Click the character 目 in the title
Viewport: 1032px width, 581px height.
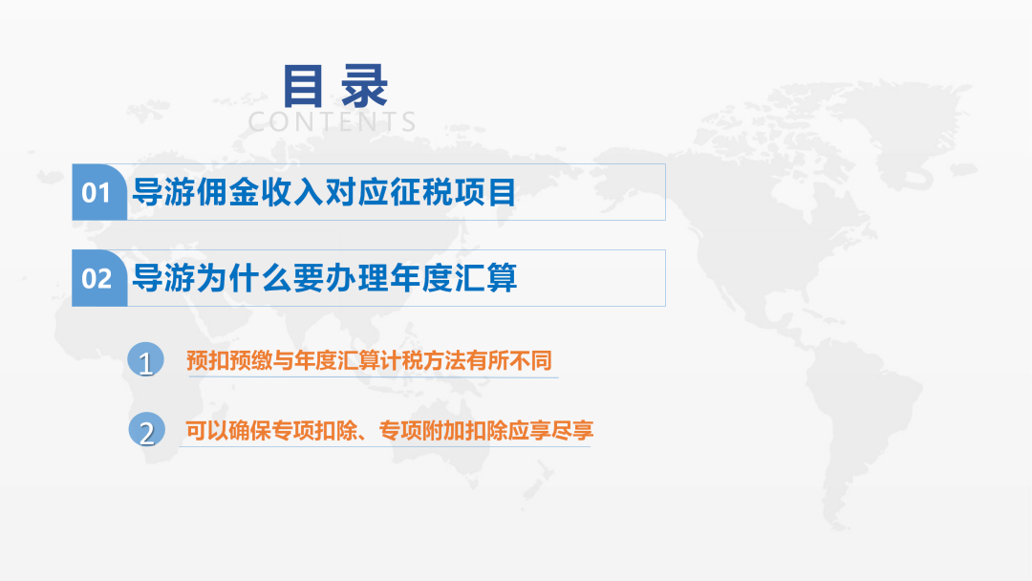pyautogui.click(x=303, y=86)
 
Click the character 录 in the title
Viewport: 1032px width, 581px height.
pyautogui.click(x=364, y=86)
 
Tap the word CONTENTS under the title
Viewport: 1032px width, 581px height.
pyautogui.click(x=332, y=121)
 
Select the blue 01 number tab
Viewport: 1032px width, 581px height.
pyautogui.click(x=98, y=192)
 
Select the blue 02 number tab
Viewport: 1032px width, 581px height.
pyautogui.click(x=98, y=278)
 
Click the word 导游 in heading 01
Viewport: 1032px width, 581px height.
pyautogui.click(x=164, y=193)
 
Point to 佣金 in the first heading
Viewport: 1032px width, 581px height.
pyautogui.click(x=227, y=193)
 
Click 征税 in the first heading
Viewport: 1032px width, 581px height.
pyautogui.click(x=421, y=193)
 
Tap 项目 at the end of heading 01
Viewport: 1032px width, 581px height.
pyautogui.click(x=485, y=193)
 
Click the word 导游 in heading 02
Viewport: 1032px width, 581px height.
pyautogui.click(x=164, y=278)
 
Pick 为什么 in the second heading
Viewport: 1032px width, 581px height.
pyautogui.click(x=244, y=278)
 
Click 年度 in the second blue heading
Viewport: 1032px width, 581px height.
pyautogui.click(x=421, y=278)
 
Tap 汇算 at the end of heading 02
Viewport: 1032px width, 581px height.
pyautogui.click(x=485, y=278)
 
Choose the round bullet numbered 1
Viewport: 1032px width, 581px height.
pyautogui.click(x=145, y=360)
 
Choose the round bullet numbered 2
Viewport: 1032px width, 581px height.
pyautogui.click(x=146, y=430)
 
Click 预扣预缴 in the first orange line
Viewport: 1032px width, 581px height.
pyautogui.click(x=229, y=360)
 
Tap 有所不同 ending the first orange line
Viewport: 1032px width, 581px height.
pyautogui.click(x=508, y=360)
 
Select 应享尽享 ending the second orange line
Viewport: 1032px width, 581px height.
pyautogui.click(x=551, y=430)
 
